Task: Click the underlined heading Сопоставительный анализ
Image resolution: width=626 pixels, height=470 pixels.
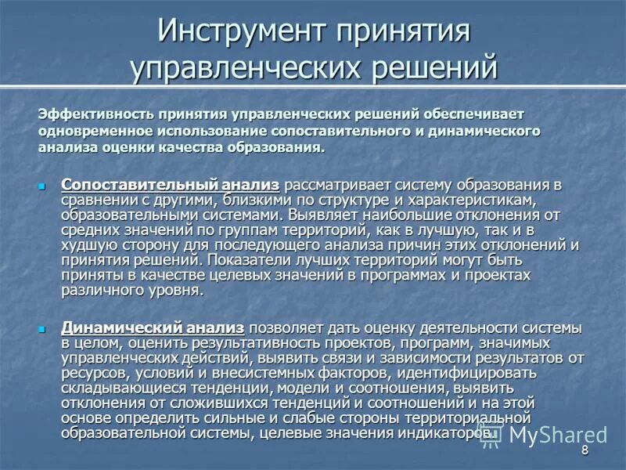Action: [170, 185]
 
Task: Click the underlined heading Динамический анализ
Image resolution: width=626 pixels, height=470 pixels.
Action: [153, 327]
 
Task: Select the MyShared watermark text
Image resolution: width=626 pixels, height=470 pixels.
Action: [558, 435]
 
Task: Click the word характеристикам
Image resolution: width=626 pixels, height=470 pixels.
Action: [484, 199]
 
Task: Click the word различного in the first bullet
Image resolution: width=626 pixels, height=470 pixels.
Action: [99, 290]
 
